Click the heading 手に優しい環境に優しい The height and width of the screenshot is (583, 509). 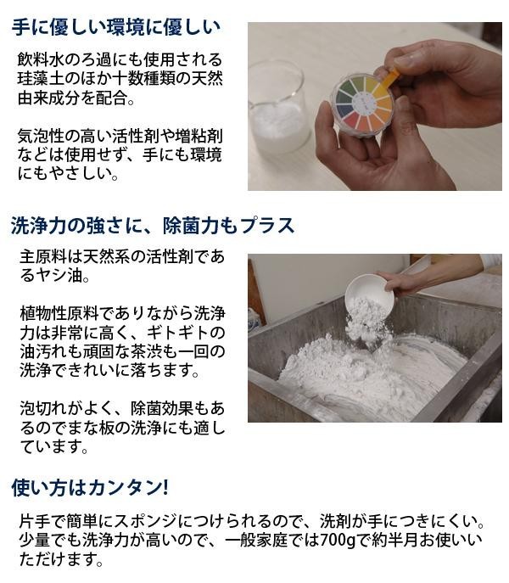[116, 27]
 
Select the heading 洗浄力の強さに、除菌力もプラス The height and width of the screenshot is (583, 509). [153, 226]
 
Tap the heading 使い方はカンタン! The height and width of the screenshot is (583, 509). [90, 487]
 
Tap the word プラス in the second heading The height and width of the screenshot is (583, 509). [266, 226]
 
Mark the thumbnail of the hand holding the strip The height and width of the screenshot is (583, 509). [375, 106]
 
